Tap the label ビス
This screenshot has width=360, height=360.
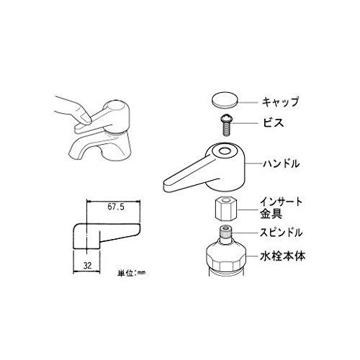(271, 123)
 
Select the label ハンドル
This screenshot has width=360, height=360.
(281, 165)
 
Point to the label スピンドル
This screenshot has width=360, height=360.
(280, 233)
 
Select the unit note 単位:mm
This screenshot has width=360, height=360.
(132, 273)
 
